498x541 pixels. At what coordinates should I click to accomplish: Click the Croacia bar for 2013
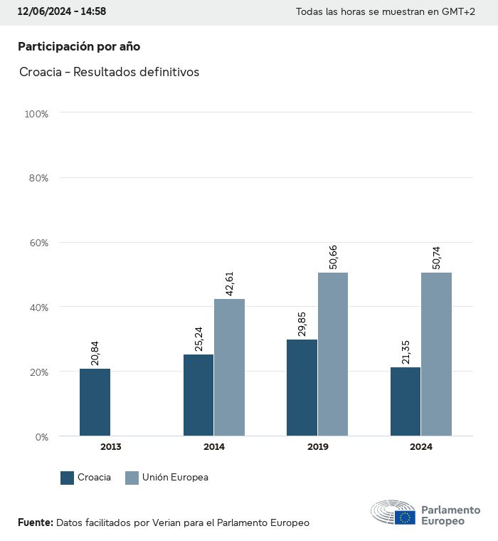point(95,402)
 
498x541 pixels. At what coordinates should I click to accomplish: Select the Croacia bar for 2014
point(198,395)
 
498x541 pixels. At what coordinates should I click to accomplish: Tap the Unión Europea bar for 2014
point(229,367)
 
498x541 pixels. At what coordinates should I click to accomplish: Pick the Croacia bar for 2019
point(302,388)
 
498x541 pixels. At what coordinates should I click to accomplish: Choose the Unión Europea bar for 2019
point(333,354)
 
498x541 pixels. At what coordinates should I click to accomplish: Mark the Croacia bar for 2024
point(406,401)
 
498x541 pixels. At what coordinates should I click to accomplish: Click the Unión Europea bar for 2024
point(436,354)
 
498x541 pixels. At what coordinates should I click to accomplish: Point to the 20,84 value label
point(95,352)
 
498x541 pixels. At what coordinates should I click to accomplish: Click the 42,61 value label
point(229,283)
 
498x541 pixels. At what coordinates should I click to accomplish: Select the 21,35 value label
point(406,351)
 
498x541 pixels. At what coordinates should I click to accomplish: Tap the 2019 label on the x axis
point(318,447)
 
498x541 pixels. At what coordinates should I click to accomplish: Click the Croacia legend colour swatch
point(68,478)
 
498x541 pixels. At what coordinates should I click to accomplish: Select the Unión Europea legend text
point(175,478)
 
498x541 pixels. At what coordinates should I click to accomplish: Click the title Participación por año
point(79,46)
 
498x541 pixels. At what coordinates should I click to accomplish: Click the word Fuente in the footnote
point(35,522)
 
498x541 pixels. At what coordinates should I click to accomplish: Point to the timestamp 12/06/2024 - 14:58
point(61,11)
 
